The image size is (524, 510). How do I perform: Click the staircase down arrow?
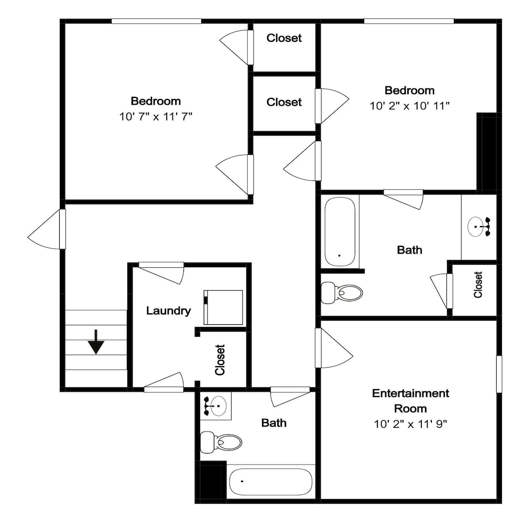tap(96, 342)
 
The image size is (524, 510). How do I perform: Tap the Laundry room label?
tap(168, 311)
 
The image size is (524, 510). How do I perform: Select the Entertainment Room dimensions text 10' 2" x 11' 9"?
tap(410, 424)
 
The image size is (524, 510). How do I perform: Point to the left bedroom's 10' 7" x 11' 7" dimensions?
tap(156, 117)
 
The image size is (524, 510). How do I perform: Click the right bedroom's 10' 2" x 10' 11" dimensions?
tap(409, 106)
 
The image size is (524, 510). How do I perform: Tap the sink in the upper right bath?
tap(478, 227)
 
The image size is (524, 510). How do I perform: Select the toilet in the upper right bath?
tap(342, 293)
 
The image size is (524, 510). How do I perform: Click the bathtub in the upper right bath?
tap(340, 232)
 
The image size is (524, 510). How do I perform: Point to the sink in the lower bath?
tap(215, 406)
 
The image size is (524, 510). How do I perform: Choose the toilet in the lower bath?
tap(221, 443)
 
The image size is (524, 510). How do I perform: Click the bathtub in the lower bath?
tap(271, 482)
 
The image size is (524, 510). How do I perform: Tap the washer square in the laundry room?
tap(223, 308)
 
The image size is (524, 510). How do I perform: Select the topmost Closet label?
tap(284, 38)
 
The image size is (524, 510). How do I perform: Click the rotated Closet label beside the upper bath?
tap(478, 285)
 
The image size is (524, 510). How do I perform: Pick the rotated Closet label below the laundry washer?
tap(220, 360)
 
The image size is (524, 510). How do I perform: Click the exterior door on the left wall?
tap(47, 229)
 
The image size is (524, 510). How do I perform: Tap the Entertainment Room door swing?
tap(334, 348)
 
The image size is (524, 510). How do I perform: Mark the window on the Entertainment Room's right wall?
tap(499, 374)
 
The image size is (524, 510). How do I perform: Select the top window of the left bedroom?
tap(156, 21)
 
